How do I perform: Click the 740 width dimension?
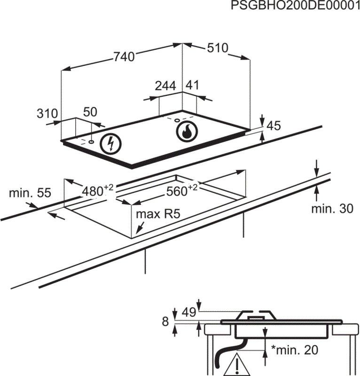tap(124, 56)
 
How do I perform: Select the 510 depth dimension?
tap(217, 48)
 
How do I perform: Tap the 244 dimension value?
tap(165, 86)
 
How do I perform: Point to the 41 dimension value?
tap(193, 86)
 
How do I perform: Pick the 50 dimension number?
tap(90, 112)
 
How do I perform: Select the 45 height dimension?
tap(274, 126)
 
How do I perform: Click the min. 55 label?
tap(30, 193)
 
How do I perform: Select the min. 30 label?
tap(332, 209)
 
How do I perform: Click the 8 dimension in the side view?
tap(165, 322)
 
